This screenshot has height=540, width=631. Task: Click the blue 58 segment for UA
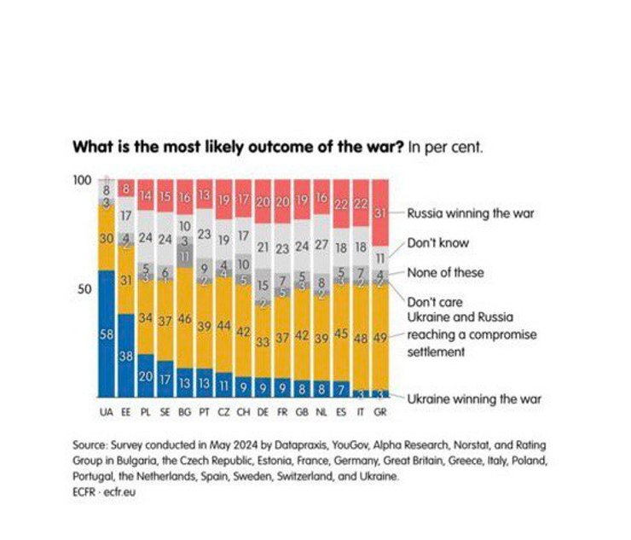(x=106, y=334)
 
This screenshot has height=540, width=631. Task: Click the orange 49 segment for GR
(x=380, y=337)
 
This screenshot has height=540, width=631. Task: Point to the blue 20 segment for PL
(x=145, y=376)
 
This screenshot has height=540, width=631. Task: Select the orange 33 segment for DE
(x=263, y=341)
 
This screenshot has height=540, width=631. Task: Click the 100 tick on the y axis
(x=82, y=180)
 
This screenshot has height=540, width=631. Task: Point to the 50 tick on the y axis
(x=84, y=289)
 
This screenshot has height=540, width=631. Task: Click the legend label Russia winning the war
(x=470, y=212)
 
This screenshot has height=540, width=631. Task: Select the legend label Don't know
(x=438, y=242)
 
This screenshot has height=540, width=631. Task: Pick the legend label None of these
(x=444, y=272)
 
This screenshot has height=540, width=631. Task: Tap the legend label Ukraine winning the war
(x=473, y=398)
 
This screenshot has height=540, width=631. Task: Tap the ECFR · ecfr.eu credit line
(x=104, y=492)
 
